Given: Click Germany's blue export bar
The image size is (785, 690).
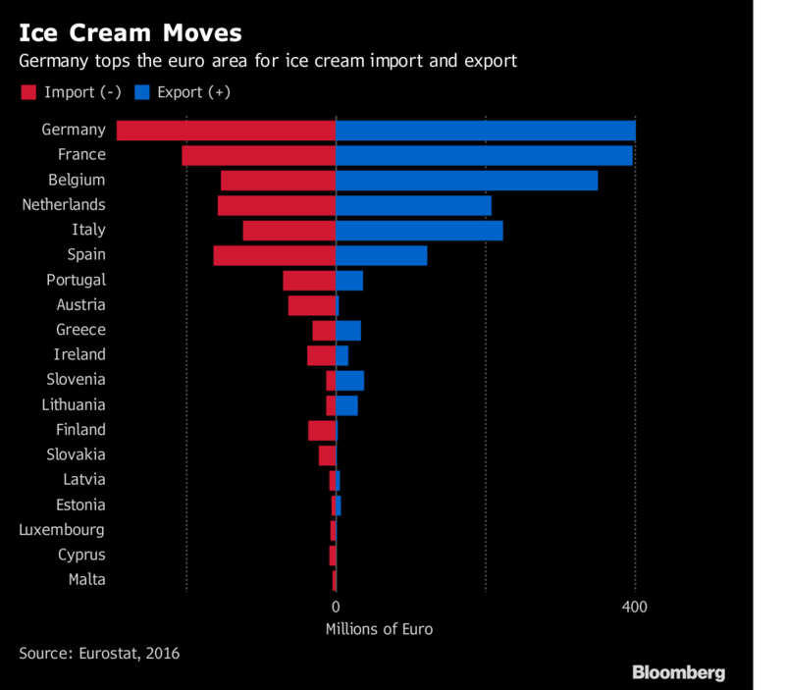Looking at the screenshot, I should [x=486, y=131].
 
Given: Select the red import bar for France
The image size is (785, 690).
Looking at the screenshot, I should [x=259, y=155].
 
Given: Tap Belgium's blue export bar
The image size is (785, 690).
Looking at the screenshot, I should [x=467, y=181].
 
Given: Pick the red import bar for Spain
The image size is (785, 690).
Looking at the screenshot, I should [x=275, y=255].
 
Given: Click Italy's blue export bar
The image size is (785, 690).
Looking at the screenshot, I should [x=420, y=231].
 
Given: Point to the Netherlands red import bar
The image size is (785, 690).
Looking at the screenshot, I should [x=277, y=205].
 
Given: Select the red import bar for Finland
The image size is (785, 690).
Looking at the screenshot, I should [x=322, y=430].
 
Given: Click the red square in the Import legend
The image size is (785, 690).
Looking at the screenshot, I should [x=27, y=92].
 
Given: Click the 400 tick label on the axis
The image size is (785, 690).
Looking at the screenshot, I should [x=635, y=608].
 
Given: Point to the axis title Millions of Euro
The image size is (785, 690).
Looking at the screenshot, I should [x=378, y=629].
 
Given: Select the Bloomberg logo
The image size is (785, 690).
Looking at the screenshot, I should [x=679, y=672].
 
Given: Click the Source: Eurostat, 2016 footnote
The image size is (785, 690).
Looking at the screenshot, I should [x=99, y=653].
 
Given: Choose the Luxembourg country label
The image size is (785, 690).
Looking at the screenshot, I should [x=62, y=530].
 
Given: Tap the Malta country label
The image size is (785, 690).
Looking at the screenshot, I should [x=86, y=580].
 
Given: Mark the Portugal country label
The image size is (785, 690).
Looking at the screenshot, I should [x=76, y=280].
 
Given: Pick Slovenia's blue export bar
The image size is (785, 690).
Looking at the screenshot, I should [x=350, y=380].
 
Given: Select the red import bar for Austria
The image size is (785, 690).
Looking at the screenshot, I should [x=312, y=305].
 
